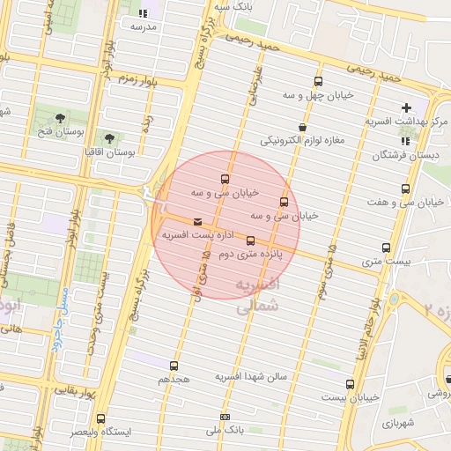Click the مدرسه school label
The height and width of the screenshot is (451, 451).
click(x=143, y=26)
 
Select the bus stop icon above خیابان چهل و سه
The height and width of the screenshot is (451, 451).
click(x=317, y=81)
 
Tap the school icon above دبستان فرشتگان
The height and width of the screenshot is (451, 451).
click(x=405, y=141)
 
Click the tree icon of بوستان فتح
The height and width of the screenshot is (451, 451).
click(x=59, y=117)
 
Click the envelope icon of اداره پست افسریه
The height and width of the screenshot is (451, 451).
click(x=196, y=221)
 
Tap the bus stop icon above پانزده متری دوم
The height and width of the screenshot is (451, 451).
click(x=251, y=240)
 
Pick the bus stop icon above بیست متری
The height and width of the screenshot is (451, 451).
click(x=386, y=248)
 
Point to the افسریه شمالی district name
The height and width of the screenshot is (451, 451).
click(x=258, y=294)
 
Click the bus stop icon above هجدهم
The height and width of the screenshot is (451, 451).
click(x=174, y=365)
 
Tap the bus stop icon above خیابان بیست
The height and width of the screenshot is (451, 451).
click(x=350, y=384)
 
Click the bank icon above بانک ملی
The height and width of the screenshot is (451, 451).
click(x=225, y=418)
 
